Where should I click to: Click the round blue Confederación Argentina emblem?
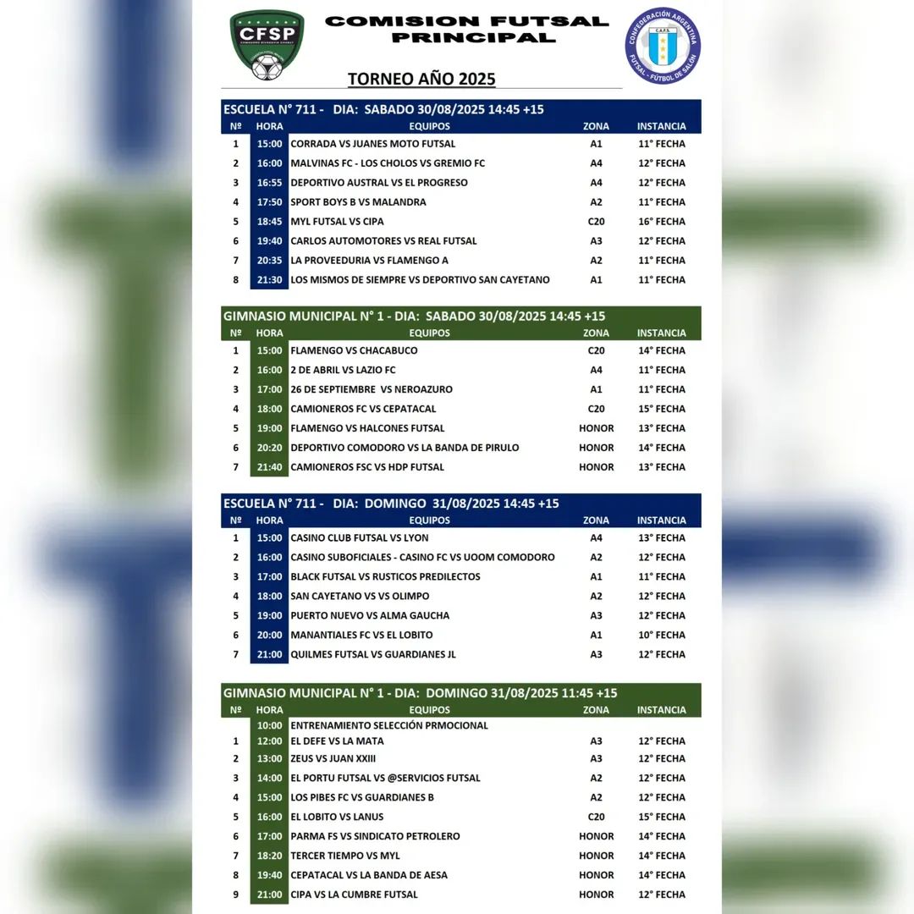pyautogui.click(x=663, y=46)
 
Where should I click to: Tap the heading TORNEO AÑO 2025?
pyautogui.click(x=421, y=80)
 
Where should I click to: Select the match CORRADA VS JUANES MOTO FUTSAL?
pyautogui.click(x=372, y=144)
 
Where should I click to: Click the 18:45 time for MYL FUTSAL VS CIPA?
pyautogui.click(x=269, y=222)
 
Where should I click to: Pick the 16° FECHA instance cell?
pyautogui.click(x=662, y=222)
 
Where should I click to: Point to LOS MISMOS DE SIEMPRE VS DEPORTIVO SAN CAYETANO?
pyautogui.click(x=420, y=280)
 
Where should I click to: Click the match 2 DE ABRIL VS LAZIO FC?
pyautogui.click(x=343, y=370)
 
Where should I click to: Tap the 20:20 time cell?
pyautogui.click(x=269, y=448)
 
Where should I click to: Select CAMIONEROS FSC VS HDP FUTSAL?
pyautogui.click(x=366, y=467)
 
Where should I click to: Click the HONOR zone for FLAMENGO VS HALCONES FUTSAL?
pyautogui.click(x=596, y=428)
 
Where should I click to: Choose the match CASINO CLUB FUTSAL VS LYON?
pyautogui.click(x=359, y=538)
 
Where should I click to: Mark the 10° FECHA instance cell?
pyautogui.click(x=662, y=636)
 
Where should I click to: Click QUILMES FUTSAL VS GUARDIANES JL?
pyautogui.click(x=373, y=655)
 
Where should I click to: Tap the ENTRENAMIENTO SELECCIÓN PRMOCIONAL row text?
pyautogui.click(x=388, y=725)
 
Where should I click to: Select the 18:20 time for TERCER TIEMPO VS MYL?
pyautogui.click(x=269, y=856)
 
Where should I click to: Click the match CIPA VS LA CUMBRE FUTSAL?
pyautogui.click(x=354, y=895)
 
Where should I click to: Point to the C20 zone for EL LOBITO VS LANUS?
pyautogui.click(x=596, y=817)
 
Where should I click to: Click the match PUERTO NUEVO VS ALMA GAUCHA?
pyautogui.click(x=370, y=616)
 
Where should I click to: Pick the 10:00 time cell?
pyautogui.click(x=269, y=725)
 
